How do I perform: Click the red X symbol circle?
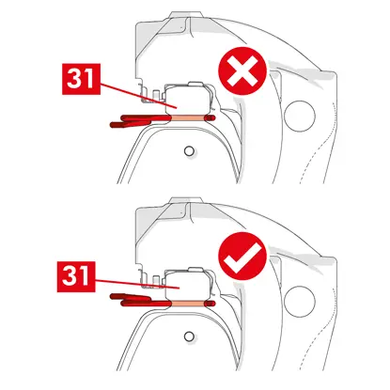coord(242,71)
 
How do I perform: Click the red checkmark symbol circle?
coord(242,257)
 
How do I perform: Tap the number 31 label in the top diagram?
coord(81,79)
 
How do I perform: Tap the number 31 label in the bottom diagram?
coord(76,276)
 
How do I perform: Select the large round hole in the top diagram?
coord(300,117)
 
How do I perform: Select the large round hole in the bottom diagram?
coord(300,302)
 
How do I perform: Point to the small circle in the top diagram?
coord(189,151)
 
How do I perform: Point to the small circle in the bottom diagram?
coord(189,336)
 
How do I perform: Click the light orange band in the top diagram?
coord(188,117)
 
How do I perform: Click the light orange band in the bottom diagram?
coord(188,304)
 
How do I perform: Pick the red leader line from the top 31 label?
coord(138,96)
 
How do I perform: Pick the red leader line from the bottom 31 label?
coord(137,284)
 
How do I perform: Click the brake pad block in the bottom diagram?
coord(187,285)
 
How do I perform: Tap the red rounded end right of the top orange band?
coord(211,117)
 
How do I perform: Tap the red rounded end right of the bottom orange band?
coord(211,304)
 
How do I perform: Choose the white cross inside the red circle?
coord(242,71)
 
